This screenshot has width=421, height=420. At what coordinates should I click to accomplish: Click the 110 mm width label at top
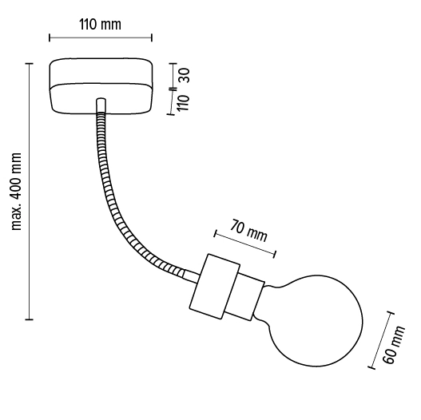pos(100,24)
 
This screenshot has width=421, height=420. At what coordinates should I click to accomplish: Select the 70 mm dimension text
pos(248,231)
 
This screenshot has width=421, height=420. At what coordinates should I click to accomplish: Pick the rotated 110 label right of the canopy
pos(183,102)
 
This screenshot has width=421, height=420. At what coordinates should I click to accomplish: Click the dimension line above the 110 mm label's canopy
pos(100,37)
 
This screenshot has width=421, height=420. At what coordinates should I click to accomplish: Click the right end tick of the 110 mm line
pos(151,37)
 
